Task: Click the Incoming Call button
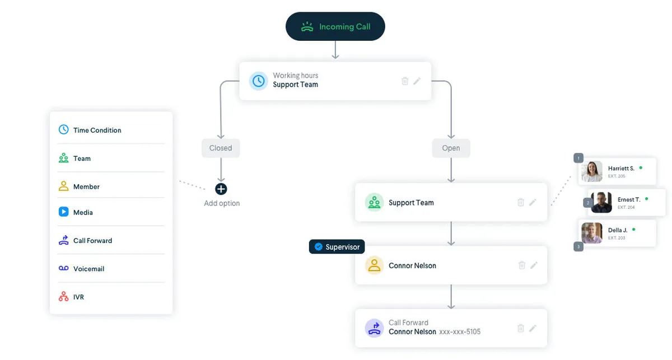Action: point(335,26)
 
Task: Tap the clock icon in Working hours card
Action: point(258,81)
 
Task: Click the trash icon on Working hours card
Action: point(405,81)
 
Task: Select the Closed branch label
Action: point(221,148)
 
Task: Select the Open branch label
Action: point(451,148)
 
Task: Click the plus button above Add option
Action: point(221,189)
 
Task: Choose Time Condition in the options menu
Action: point(97,130)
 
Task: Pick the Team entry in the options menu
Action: point(82,158)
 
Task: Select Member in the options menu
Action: point(86,186)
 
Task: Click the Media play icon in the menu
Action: point(64,212)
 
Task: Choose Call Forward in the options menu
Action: point(92,241)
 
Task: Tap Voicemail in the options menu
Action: point(88,269)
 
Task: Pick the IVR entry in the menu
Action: point(78,297)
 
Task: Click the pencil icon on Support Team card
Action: point(533,202)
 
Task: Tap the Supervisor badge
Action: point(337,247)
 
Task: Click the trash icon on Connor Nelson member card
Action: point(521,265)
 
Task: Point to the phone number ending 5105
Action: point(460,332)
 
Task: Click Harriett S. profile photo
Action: point(592,171)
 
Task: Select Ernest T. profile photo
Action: point(601,203)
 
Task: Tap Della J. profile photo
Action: point(592,233)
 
